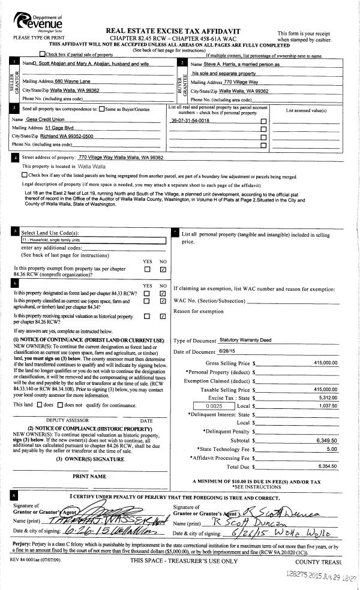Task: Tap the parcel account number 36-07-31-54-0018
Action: [x=190, y=121]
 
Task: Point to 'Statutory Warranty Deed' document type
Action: [x=245, y=340]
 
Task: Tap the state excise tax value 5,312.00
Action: [x=328, y=397]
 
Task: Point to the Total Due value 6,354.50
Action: [x=327, y=465]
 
